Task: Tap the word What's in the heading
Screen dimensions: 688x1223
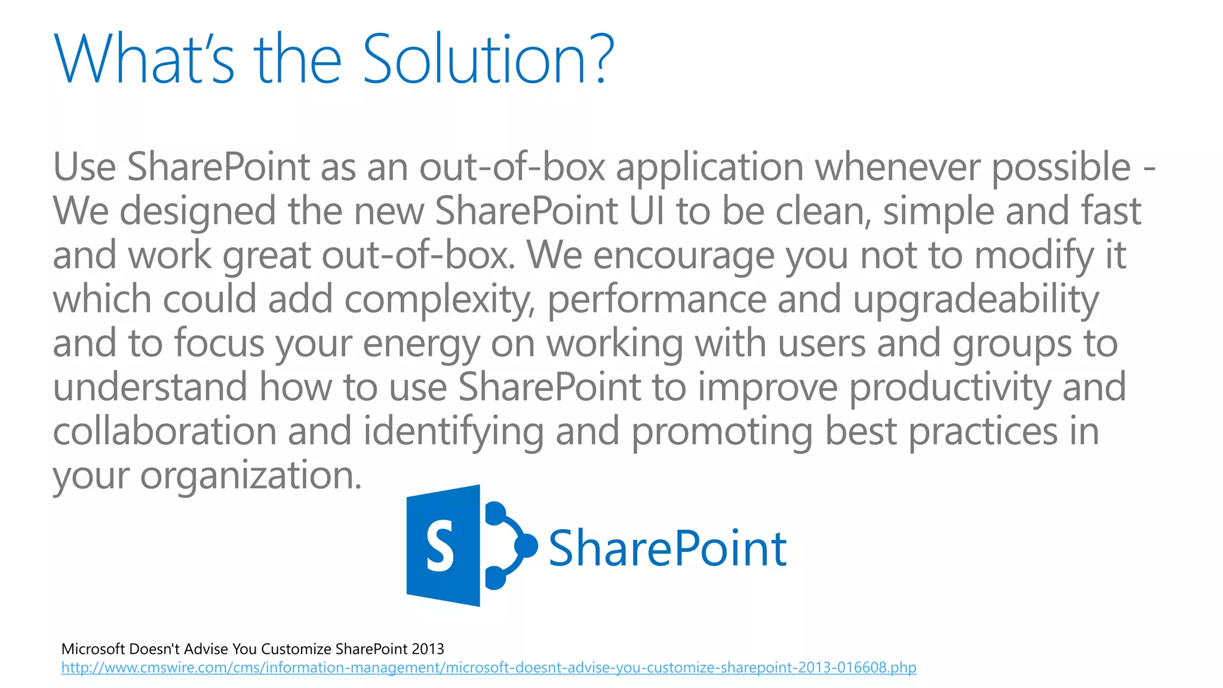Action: [144, 60]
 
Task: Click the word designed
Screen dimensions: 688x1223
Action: [198, 211]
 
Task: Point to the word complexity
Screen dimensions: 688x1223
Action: [440, 300]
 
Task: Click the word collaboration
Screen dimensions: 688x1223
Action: [165, 432]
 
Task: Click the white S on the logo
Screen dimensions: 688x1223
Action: [441, 545]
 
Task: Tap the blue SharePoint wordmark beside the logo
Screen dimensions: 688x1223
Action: [667, 548]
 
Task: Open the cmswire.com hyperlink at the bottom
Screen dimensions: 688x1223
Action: [488, 667]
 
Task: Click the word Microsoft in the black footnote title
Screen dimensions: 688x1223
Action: [93, 649]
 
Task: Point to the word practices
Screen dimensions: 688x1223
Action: [983, 432]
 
